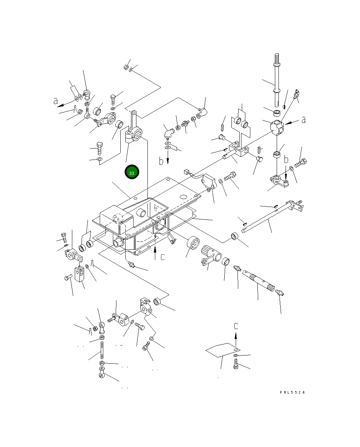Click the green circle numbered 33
[x=132, y=172]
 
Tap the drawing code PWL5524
[x=292, y=393]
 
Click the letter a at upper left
[x=56, y=101]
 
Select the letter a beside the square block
[x=303, y=120]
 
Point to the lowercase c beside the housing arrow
[x=163, y=257]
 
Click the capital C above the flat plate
[x=236, y=326]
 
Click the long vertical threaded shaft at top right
[x=277, y=80]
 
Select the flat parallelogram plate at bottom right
[x=223, y=350]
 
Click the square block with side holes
[x=277, y=127]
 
